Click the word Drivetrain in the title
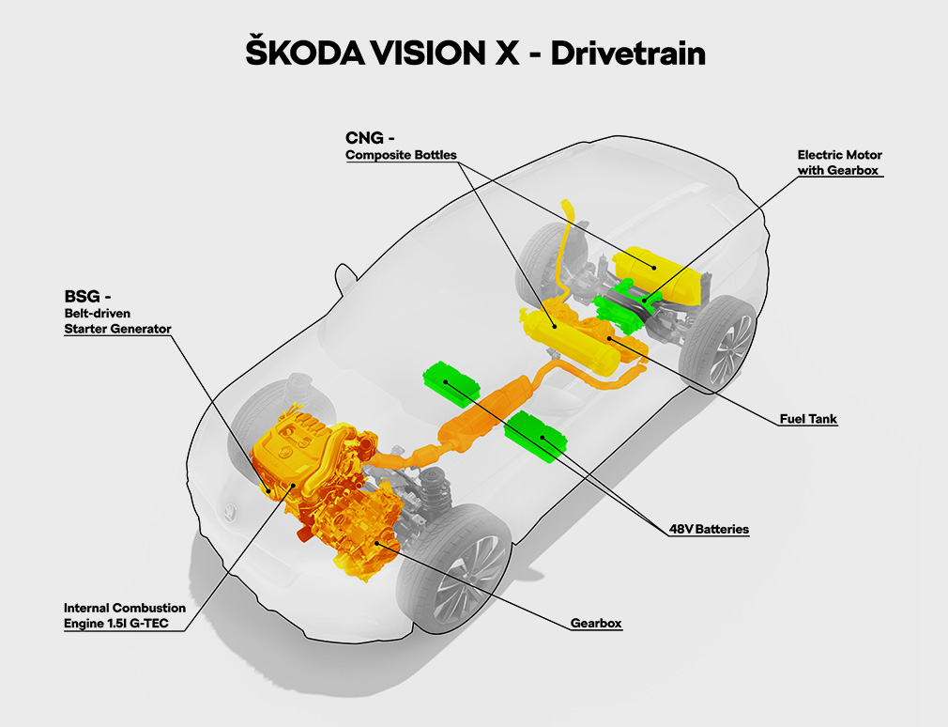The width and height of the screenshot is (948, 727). (x=628, y=54)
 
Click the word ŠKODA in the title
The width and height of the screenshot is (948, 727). (x=305, y=52)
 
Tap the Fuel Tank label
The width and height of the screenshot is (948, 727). (x=808, y=419)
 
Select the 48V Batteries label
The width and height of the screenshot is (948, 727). (x=709, y=529)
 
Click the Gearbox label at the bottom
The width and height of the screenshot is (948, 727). (x=595, y=623)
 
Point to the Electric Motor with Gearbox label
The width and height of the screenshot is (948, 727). (x=839, y=162)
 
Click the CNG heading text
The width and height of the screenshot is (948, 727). (x=369, y=138)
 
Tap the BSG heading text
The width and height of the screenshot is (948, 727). (x=87, y=297)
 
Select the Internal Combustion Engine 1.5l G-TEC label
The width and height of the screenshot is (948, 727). (x=125, y=616)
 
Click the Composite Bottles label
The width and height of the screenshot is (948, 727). (x=401, y=155)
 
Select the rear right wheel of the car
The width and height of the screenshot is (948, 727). (x=719, y=342)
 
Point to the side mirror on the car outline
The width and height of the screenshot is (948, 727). (x=346, y=278)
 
